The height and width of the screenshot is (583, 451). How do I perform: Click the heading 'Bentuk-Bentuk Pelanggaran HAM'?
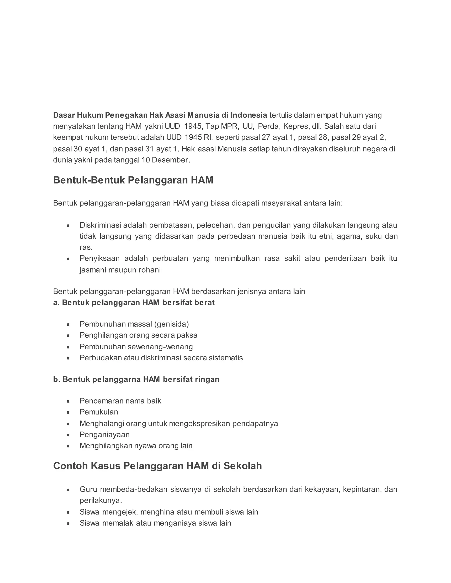pos(133,180)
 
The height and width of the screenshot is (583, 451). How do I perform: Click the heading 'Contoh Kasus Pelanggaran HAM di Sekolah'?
pos(157,466)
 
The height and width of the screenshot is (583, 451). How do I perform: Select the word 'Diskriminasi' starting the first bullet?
pos(100,225)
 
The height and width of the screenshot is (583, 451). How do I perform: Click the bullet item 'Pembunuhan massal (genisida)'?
pos(134,324)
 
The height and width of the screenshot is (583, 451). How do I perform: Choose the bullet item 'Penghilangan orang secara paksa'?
pos(138,335)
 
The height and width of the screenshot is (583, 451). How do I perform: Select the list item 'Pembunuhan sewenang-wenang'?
pos(136,346)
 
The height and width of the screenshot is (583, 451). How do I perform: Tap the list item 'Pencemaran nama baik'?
pos(120,401)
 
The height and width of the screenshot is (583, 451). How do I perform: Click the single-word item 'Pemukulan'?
pos(99,412)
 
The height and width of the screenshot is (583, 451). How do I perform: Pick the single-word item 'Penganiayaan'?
pos(104,434)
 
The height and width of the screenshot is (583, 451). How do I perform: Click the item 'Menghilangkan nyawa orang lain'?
pos(136,445)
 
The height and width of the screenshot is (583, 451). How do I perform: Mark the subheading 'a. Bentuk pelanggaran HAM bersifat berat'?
pos(134,302)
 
